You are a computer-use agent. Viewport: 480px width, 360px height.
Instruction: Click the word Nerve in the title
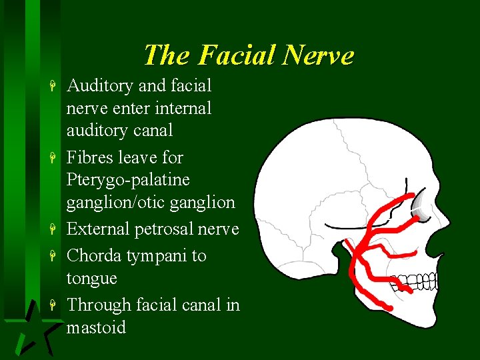(x=319, y=55)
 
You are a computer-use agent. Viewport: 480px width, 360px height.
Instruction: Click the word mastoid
(x=96, y=328)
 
